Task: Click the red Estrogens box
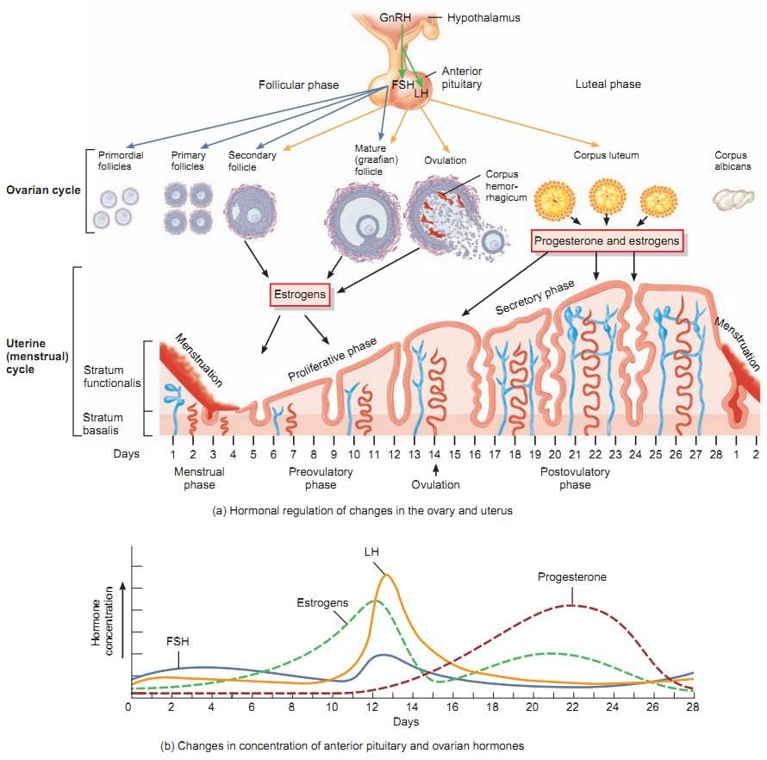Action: [x=300, y=295]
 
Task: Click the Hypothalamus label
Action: [x=483, y=17]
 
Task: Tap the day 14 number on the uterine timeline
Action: [x=436, y=453]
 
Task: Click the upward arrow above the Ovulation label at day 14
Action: [x=436, y=470]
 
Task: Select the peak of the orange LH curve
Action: [x=388, y=575]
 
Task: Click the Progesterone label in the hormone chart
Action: [x=572, y=576]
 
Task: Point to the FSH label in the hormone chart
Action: [x=178, y=642]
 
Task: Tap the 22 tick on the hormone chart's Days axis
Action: [x=571, y=707]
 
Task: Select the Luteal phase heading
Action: [x=608, y=84]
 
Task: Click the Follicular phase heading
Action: [x=298, y=85]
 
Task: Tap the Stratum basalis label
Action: [x=102, y=424]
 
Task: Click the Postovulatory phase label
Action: [x=575, y=478]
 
